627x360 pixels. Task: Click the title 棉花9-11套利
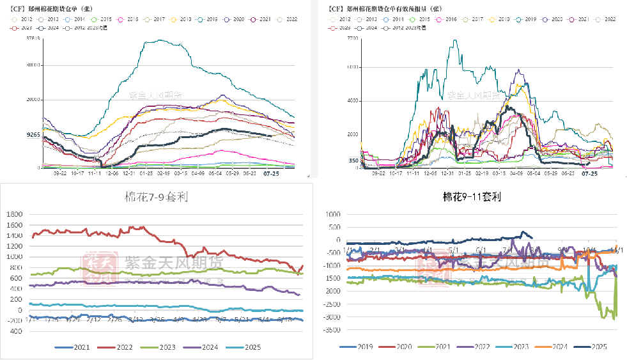(x=470, y=198)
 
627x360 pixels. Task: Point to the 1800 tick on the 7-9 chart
(x=15, y=215)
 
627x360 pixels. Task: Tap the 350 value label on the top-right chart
(x=353, y=161)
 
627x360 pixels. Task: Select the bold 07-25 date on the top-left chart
(x=272, y=173)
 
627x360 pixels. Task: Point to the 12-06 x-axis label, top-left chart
(x=112, y=173)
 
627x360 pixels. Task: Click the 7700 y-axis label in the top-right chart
(x=353, y=39)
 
